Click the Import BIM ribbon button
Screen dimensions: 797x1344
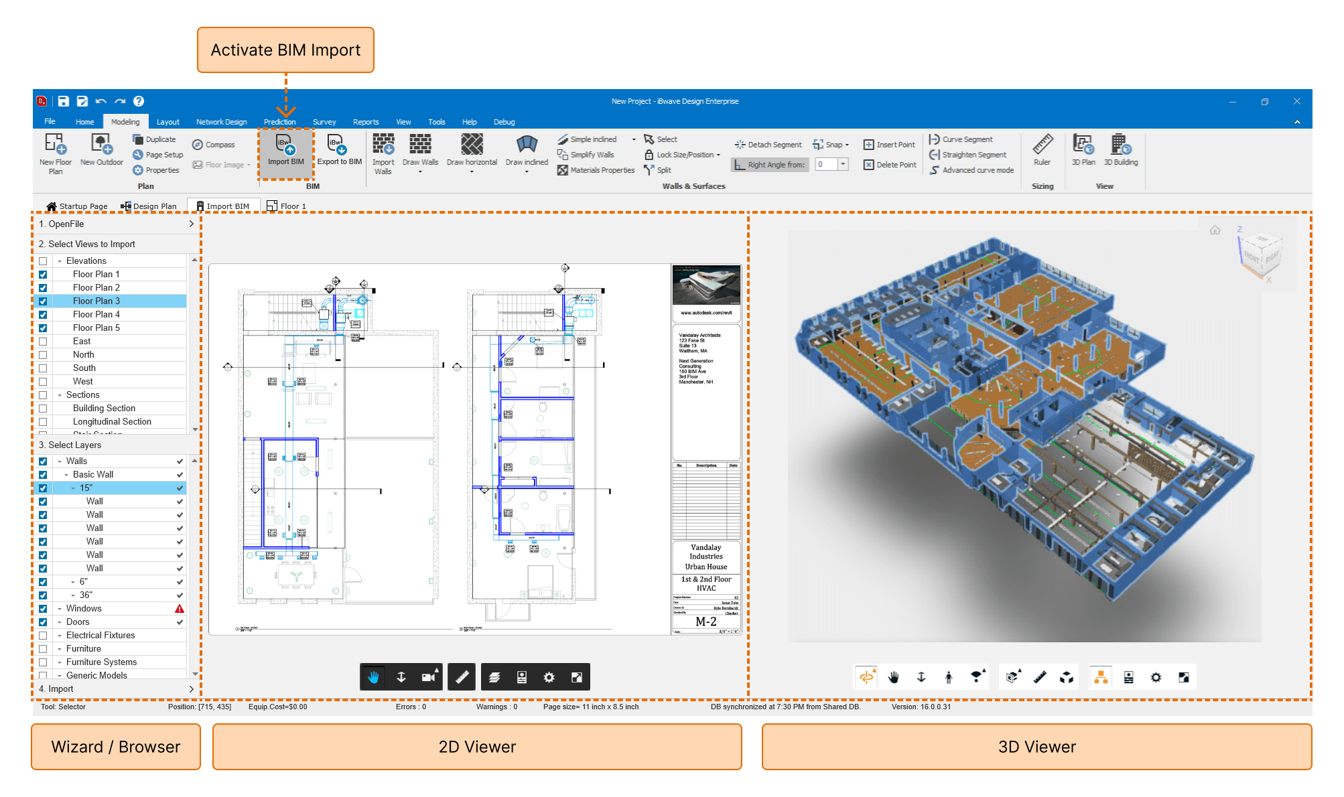[x=285, y=151]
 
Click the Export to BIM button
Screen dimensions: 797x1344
[x=339, y=151]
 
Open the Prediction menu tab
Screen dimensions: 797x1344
[x=279, y=122]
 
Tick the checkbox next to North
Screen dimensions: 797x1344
[x=43, y=355]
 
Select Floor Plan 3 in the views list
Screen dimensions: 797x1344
[x=96, y=301]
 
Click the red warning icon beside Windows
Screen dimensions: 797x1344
[x=180, y=609]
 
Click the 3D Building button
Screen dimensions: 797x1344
[x=1121, y=151]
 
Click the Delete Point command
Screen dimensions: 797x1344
[x=890, y=165]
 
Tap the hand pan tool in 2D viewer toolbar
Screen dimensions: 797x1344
[x=373, y=677]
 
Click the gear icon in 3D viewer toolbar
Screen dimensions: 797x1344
[x=1156, y=677]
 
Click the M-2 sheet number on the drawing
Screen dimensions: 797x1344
[x=705, y=622]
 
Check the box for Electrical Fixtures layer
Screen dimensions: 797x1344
[x=43, y=636]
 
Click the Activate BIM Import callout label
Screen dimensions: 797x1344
[x=285, y=50]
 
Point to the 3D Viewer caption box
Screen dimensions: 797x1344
[x=1036, y=747]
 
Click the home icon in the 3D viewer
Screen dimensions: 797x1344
[x=1215, y=230]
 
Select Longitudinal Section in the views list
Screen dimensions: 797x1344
[x=112, y=422]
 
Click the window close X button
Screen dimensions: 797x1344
[x=1296, y=101]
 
